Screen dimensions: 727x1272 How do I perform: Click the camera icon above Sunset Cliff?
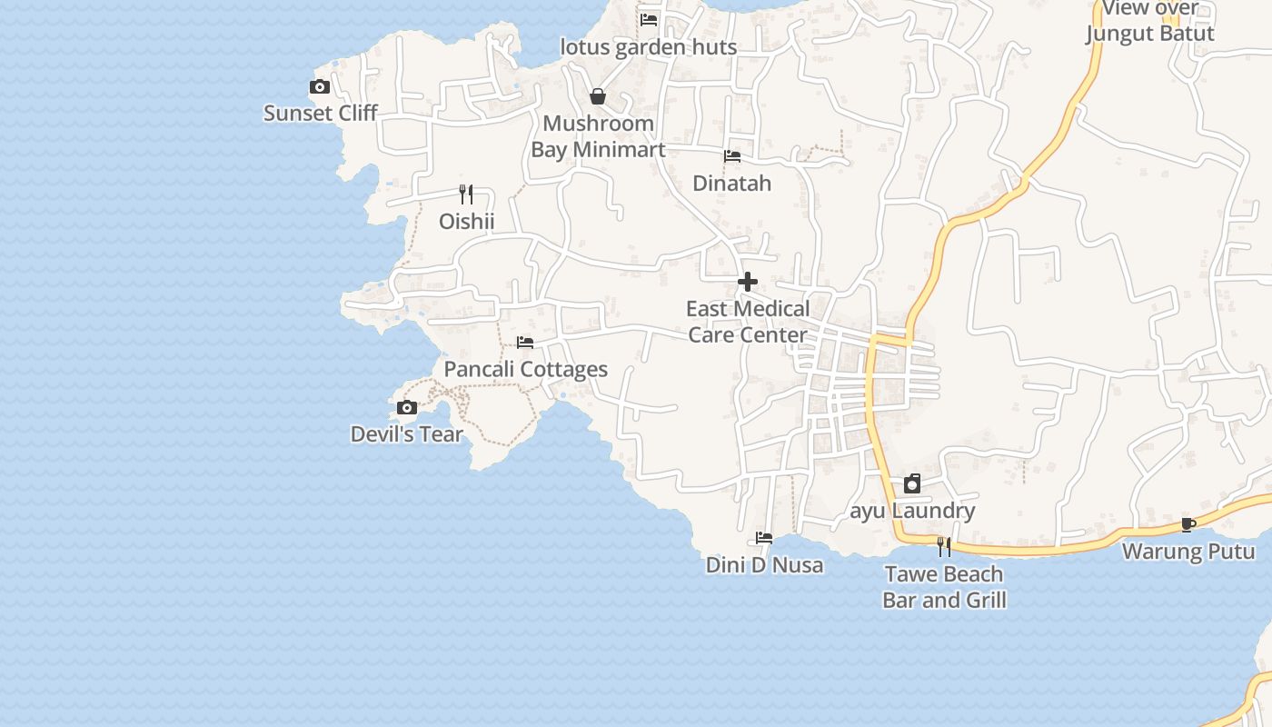(x=320, y=87)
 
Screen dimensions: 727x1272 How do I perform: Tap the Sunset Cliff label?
(x=320, y=114)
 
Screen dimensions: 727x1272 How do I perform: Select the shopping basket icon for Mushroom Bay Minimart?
(x=598, y=96)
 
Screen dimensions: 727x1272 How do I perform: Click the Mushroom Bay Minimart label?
(x=598, y=136)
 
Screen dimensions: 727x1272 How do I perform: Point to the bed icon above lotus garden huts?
(x=649, y=19)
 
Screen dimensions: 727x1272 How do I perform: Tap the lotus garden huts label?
(x=648, y=47)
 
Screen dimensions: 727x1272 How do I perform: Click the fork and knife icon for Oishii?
(x=466, y=194)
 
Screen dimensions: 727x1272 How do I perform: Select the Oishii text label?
(x=466, y=222)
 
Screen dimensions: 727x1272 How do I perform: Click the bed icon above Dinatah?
(x=732, y=156)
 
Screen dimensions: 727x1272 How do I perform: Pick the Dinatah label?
(x=731, y=184)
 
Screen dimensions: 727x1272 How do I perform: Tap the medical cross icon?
(x=748, y=282)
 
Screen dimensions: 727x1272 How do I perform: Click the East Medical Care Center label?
(x=748, y=322)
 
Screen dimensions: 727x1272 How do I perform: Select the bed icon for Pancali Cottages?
(x=525, y=343)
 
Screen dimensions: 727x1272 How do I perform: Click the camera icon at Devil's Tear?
(x=407, y=408)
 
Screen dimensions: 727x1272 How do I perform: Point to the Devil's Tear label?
(x=407, y=434)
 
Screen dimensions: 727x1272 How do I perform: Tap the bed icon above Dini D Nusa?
(x=764, y=538)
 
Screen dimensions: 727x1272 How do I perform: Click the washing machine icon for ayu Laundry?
(x=912, y=483)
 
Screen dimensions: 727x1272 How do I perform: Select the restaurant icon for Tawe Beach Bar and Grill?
(x=944, y=546)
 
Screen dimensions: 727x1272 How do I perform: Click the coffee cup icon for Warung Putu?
(x=1188, y=524)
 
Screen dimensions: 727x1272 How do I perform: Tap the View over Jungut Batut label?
(x=1149, y=22)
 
